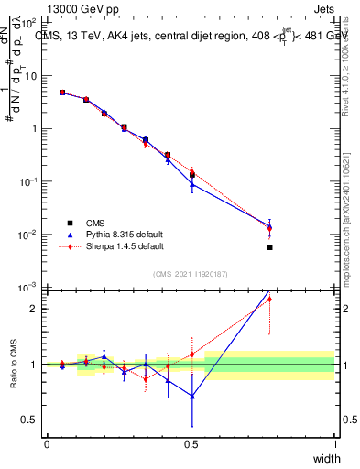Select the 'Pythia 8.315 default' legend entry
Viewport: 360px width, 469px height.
(x=116, y=234)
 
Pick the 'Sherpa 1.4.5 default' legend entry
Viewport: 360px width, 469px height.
(x=116, y=246)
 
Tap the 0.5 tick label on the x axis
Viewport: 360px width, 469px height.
(x=191, y=444)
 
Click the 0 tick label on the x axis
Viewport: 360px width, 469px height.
(x=47, y=444)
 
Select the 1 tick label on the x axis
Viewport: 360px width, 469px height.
(x=334, y=444)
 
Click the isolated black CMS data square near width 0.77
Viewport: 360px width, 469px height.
(x=269, y=247)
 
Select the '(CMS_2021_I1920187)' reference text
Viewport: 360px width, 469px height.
(x=191, y=274)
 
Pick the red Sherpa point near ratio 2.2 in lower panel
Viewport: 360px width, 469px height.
(x=269, y=299)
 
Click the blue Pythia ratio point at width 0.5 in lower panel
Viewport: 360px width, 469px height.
(x=191, y=397)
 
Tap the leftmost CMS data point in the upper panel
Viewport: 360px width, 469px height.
(x=62, y=93)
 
